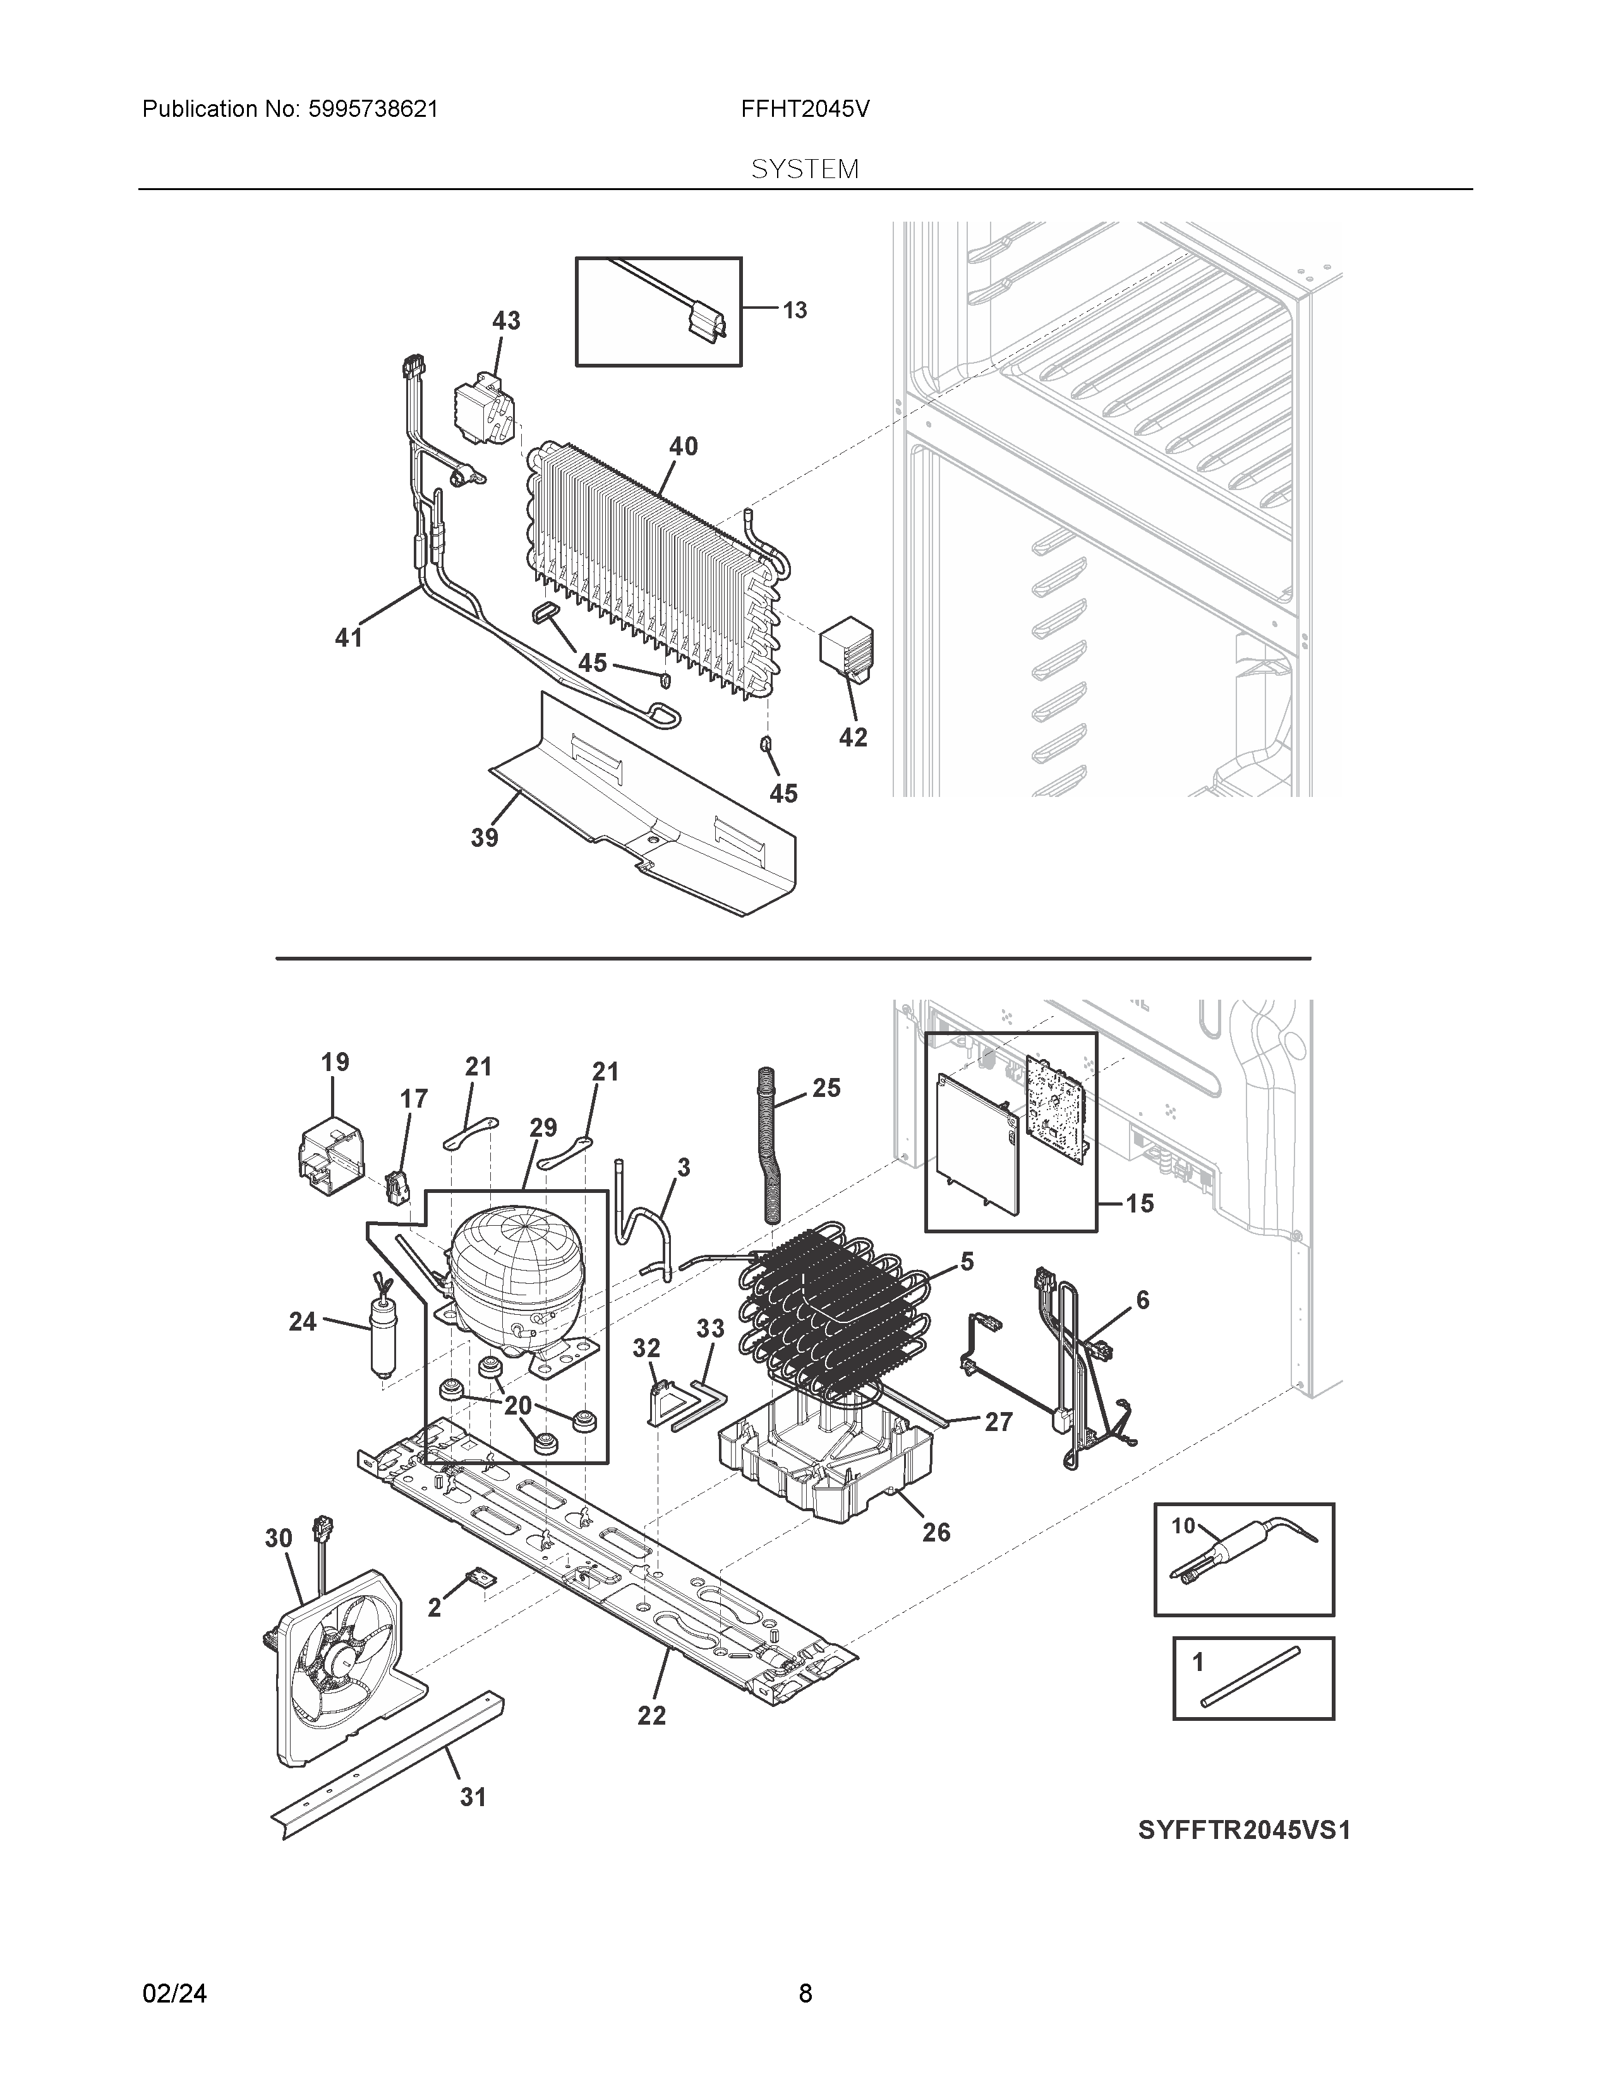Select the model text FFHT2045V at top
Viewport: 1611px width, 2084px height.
(804, 110)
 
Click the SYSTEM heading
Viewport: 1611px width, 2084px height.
(804, 170)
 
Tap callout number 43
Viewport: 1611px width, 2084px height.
(506, 321)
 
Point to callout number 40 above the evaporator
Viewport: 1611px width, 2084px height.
(684, 446)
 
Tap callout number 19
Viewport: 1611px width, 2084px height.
(335, 1062)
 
